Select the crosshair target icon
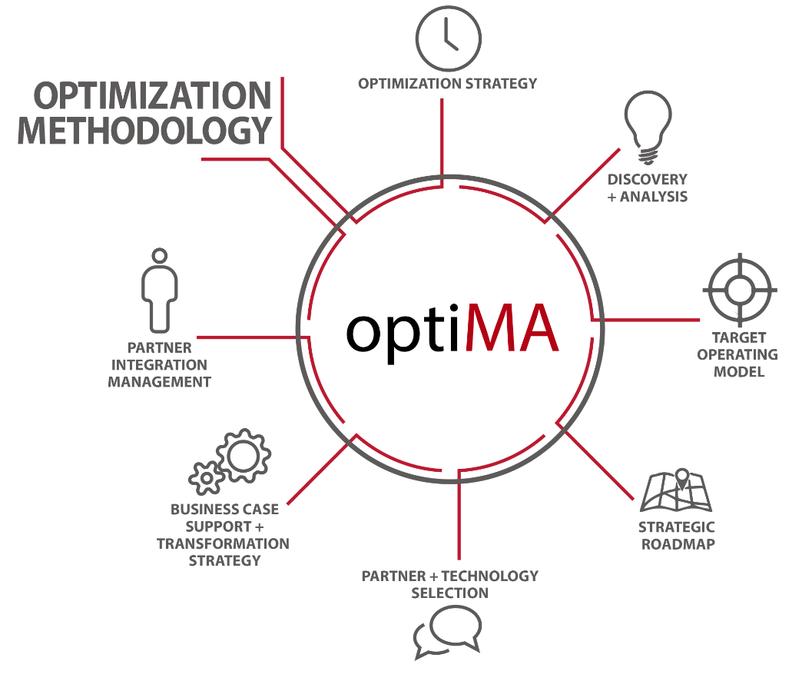(739, 290)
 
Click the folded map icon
(675, 492)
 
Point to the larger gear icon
(244, 457)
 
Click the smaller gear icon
(205, 477)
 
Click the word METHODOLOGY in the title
(144, 130)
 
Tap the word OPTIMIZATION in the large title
(152, 96)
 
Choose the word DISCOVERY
(647, 179)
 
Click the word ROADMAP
(678, 544)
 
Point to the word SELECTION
(449, 593)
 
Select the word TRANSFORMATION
(223, 543)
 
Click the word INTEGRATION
(159, 364)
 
